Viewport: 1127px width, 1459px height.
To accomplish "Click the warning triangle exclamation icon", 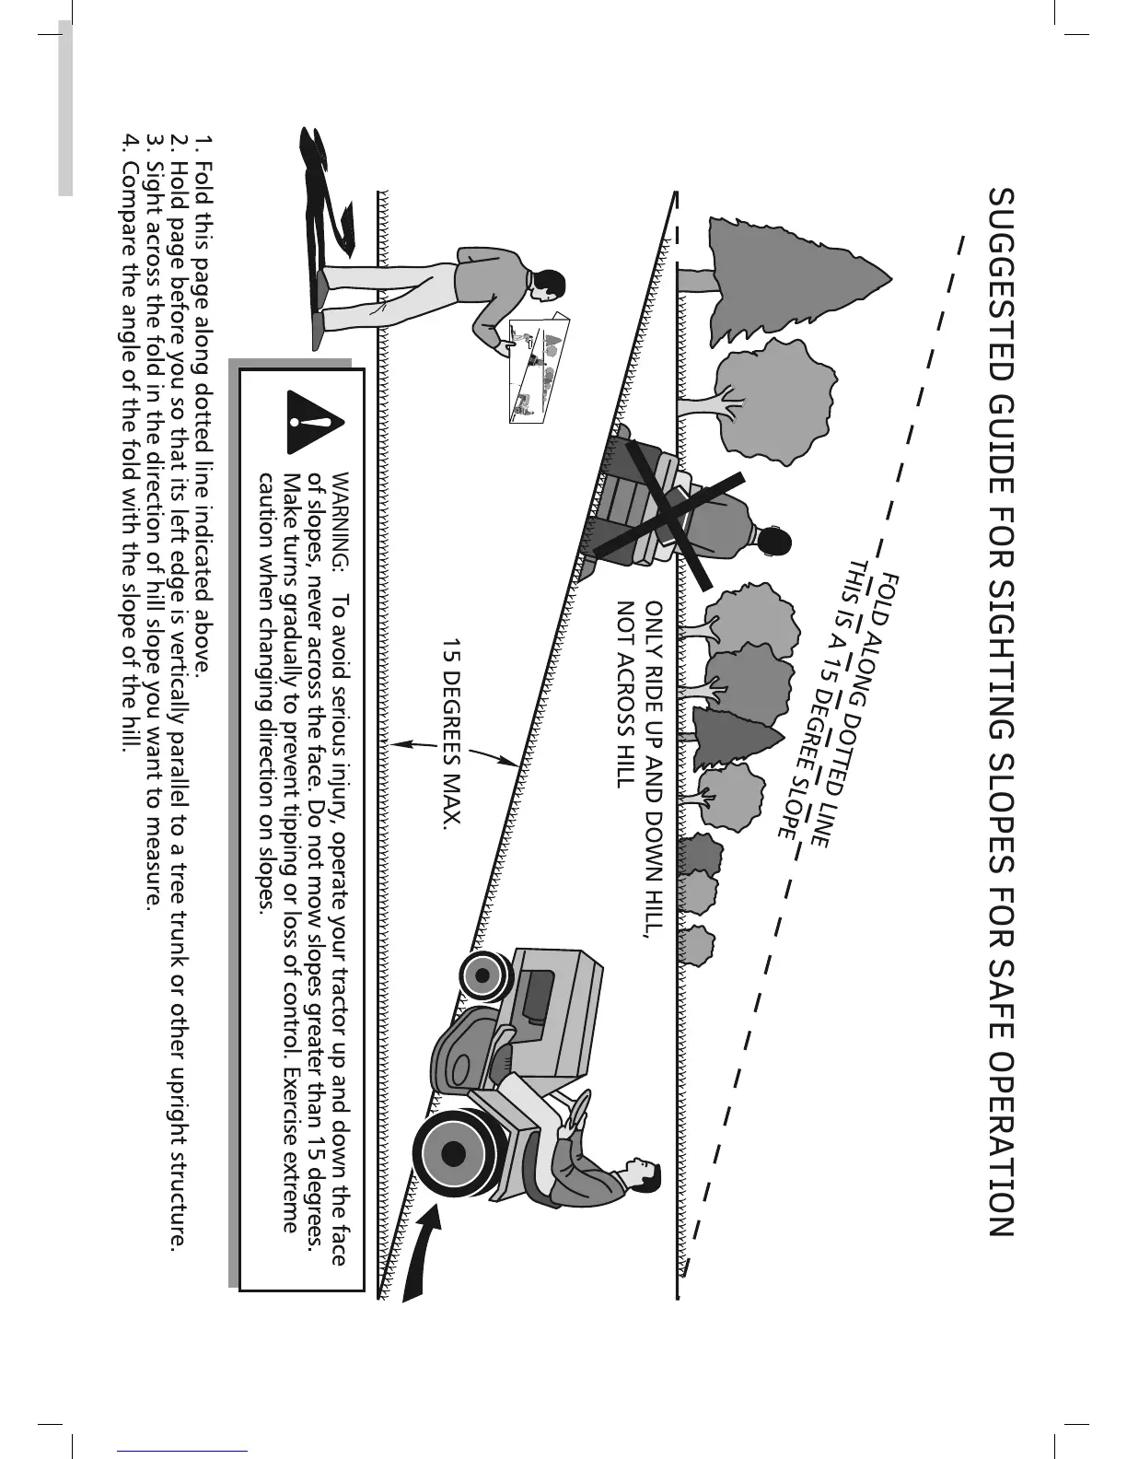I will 314,423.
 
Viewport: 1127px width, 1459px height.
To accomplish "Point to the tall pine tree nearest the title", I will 783,276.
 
